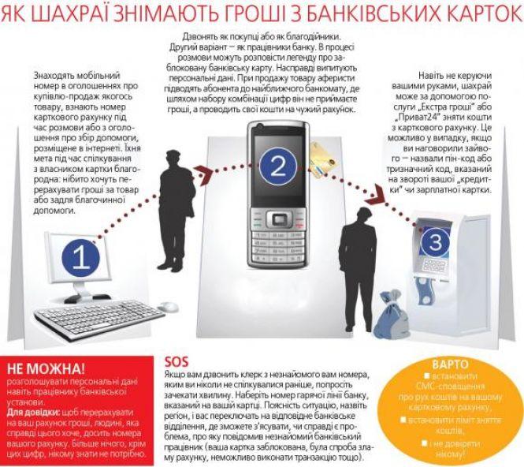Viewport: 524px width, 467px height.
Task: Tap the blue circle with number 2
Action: pyautogui.click(x=276, y=166)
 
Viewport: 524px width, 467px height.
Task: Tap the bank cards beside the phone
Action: pyautogui.click(x=324, y=159)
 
